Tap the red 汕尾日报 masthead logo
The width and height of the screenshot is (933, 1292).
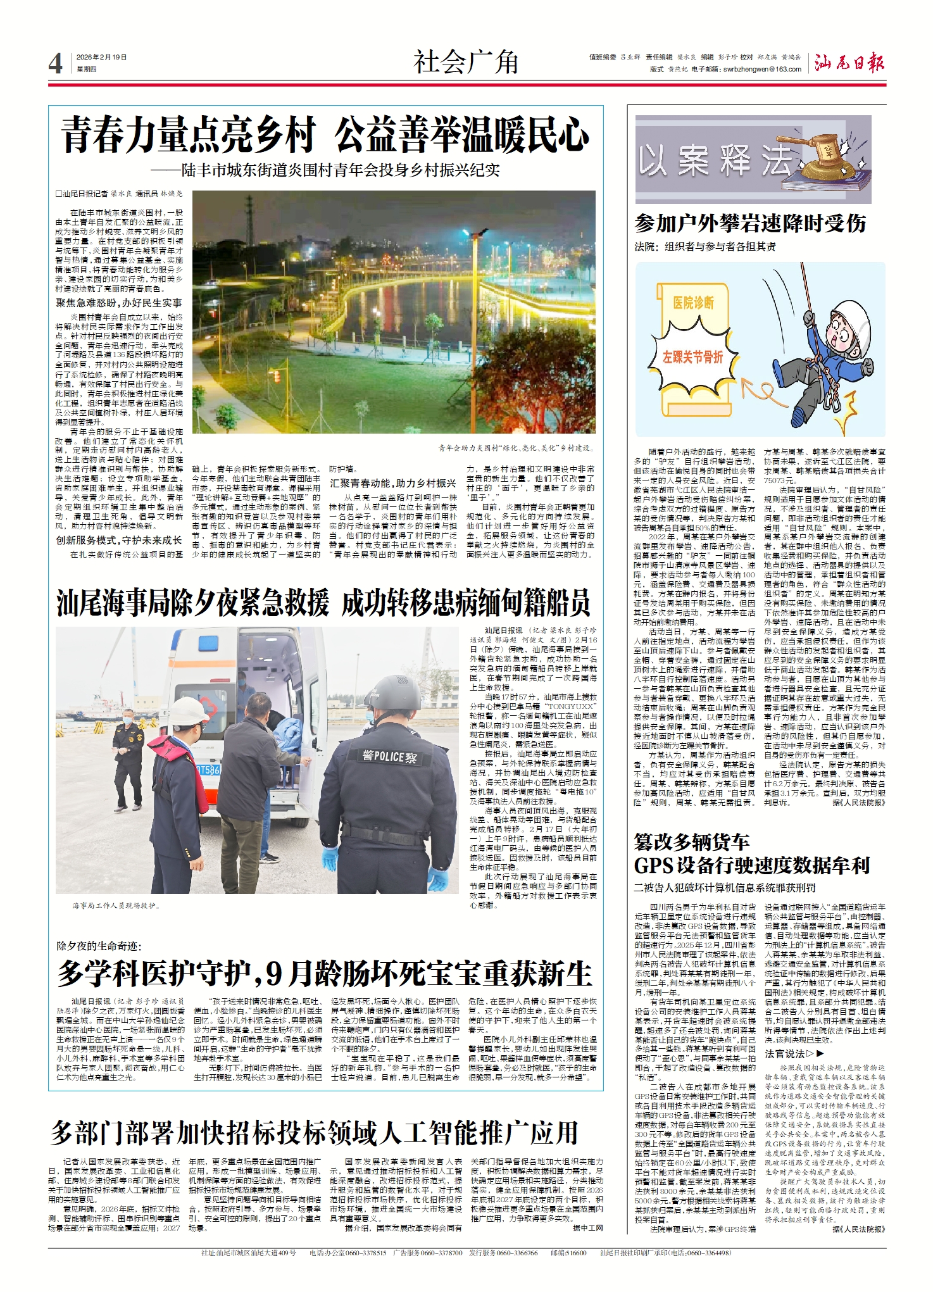[x=849, y=63]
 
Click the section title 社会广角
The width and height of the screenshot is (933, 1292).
[x=466, y=62]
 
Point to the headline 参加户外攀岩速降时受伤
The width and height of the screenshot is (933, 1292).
[x=750, y=223]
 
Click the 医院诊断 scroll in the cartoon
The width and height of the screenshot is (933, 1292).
[x=693, y=303]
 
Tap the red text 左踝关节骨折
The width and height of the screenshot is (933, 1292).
[x=692, y=358]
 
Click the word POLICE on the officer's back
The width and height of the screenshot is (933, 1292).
[x=388, y=756]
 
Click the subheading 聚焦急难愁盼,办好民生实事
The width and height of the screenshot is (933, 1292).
[x=119, y=303]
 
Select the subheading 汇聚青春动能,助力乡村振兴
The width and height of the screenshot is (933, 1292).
[x=392, y=483]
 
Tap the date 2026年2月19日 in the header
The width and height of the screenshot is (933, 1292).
[x=101, y=58]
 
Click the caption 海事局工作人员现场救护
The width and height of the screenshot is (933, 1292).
[x=116, y=906]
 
